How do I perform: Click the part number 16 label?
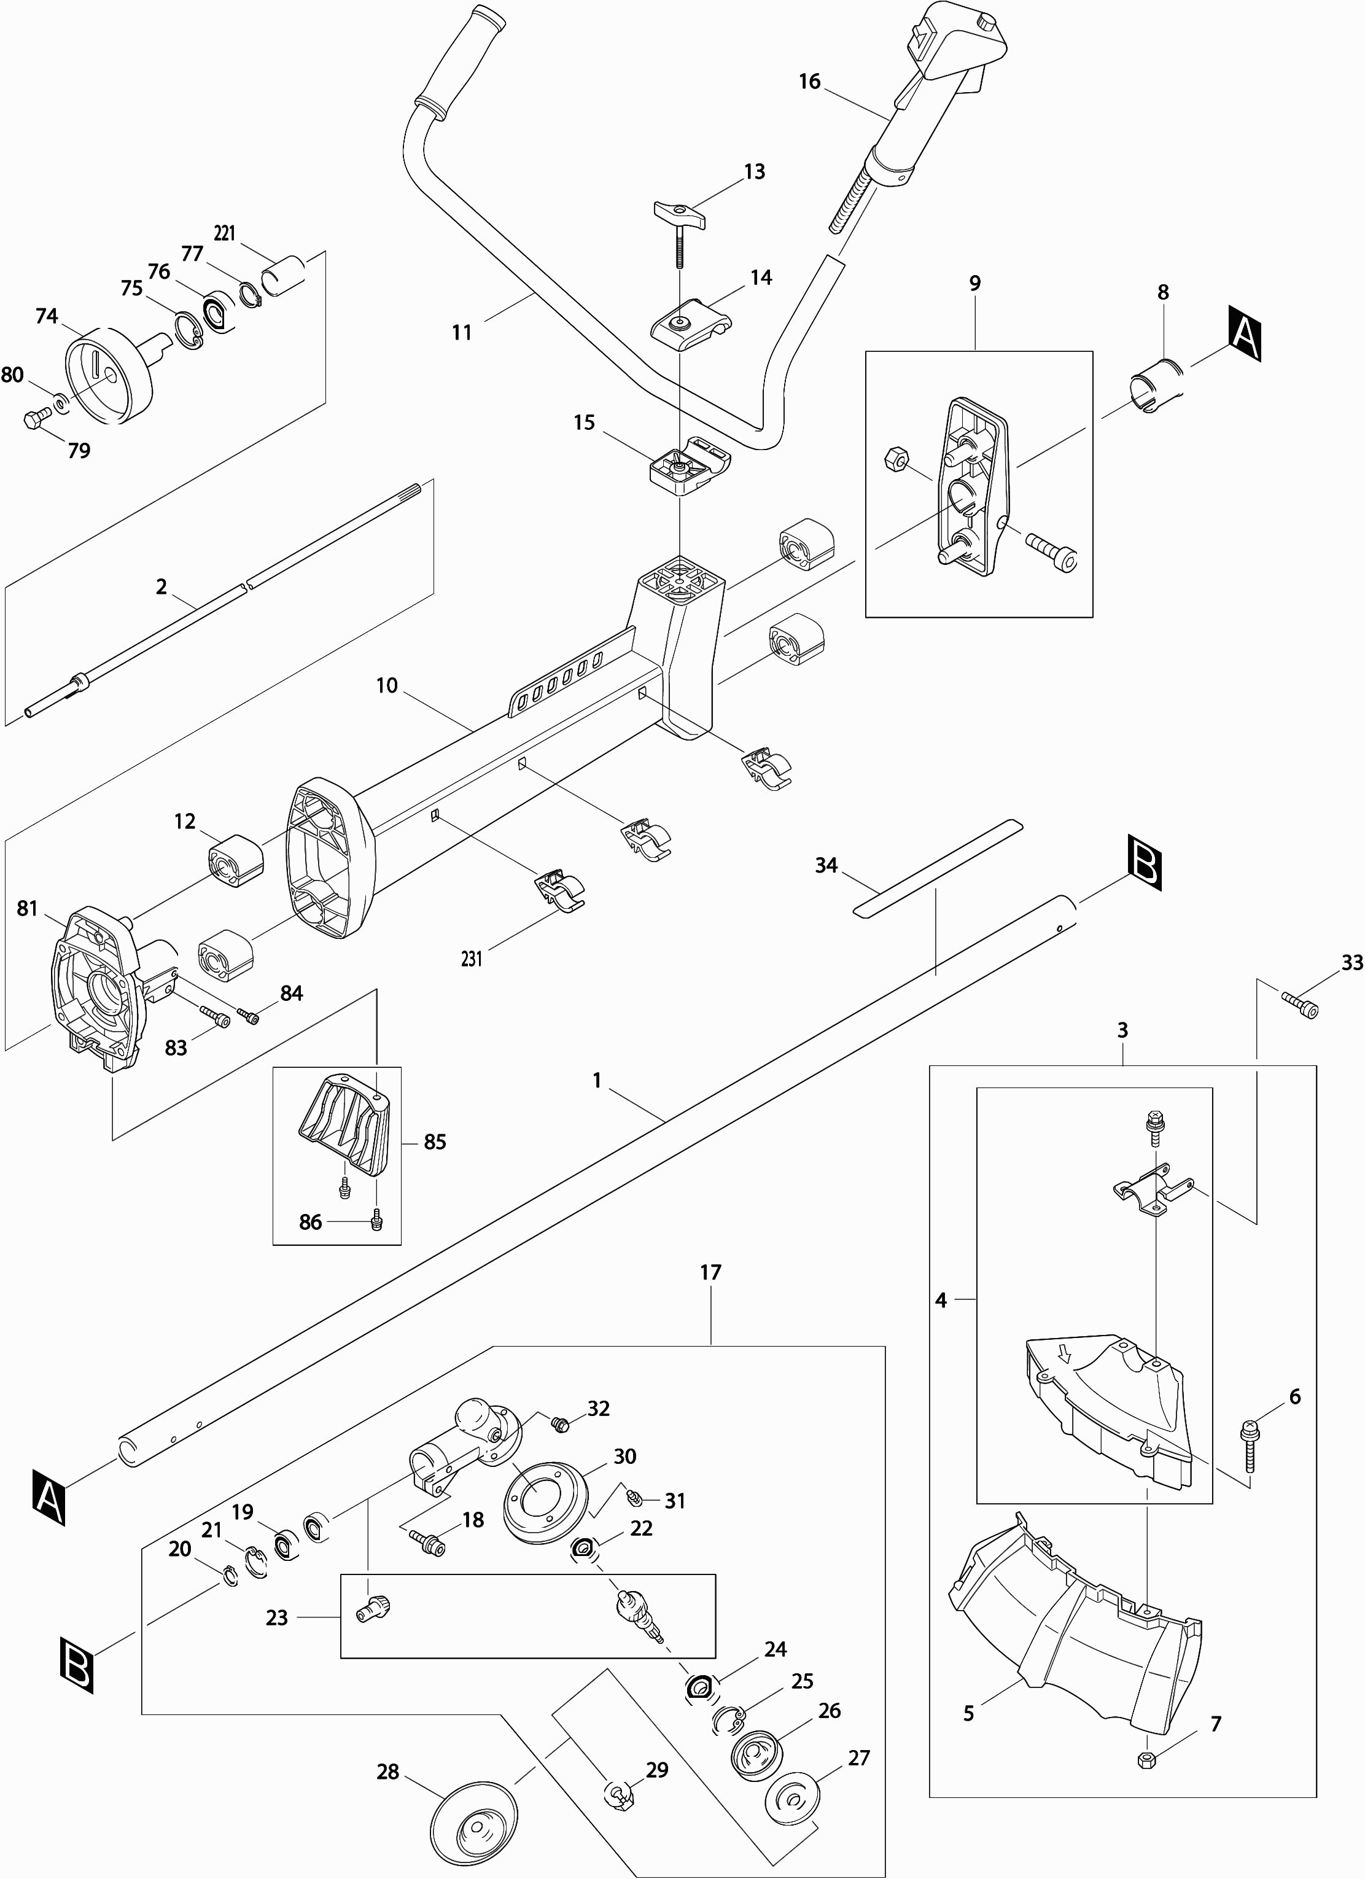[809, 81]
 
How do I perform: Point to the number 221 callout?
[225, 233]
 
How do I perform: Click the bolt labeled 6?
[1248, 1445]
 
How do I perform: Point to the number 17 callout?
[710, 1272]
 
